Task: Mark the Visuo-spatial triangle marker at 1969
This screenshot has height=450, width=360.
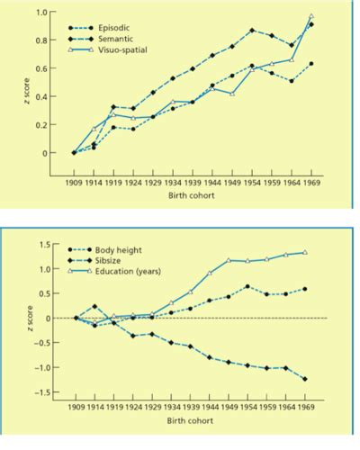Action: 311,16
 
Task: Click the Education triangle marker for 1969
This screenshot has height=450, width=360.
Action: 306,253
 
